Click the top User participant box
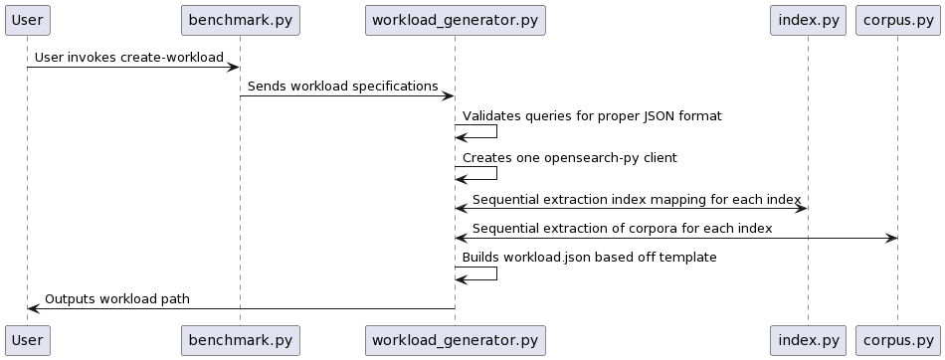click(27, 20)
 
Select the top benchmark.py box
click(240, 20)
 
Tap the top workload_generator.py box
click(455, 20)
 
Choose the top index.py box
click(807, 20)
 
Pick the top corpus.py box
click(896, 20)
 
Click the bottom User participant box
click(27, 340)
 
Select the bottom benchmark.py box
click(240, 340)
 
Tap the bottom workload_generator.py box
click(455, 340)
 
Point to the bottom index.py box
click(807, 340)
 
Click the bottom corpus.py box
click(896, 340)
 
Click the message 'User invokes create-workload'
click(129, 58)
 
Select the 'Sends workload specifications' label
click(342, 87)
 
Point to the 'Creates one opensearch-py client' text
click(569, 158)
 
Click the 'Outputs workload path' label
click(117, 298)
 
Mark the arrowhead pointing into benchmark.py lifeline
click(234, 68)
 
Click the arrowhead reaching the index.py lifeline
click(801, 209)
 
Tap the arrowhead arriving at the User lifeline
click(33, 308)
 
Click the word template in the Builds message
click(689, 258)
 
